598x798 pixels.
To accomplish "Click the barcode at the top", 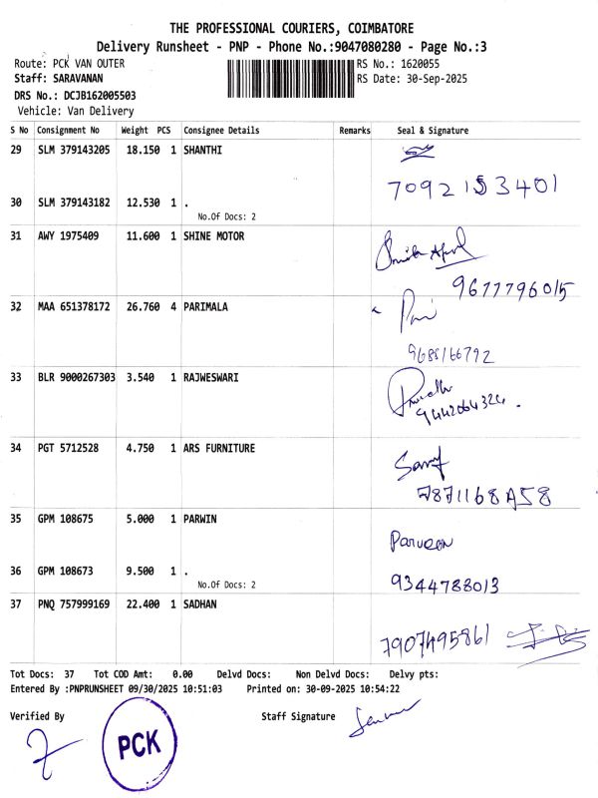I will [x=291, y=78].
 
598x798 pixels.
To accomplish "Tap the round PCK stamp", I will [x=139, y=742].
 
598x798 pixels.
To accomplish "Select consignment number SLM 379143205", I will [x=74, y=150].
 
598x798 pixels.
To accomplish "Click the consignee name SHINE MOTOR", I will [x=213, y=236].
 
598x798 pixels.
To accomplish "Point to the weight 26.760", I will [x=140, y=307].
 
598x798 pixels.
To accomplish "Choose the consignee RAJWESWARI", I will [x=210, y=378].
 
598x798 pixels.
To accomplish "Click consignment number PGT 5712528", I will [x=68, y=449].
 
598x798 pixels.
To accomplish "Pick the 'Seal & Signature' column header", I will [x=433, y=131].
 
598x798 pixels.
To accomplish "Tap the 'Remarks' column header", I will [x=354, y=131].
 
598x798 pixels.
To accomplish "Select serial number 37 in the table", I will [x=16, y=604].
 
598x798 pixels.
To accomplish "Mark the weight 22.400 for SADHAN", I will [x=140, y=604].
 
